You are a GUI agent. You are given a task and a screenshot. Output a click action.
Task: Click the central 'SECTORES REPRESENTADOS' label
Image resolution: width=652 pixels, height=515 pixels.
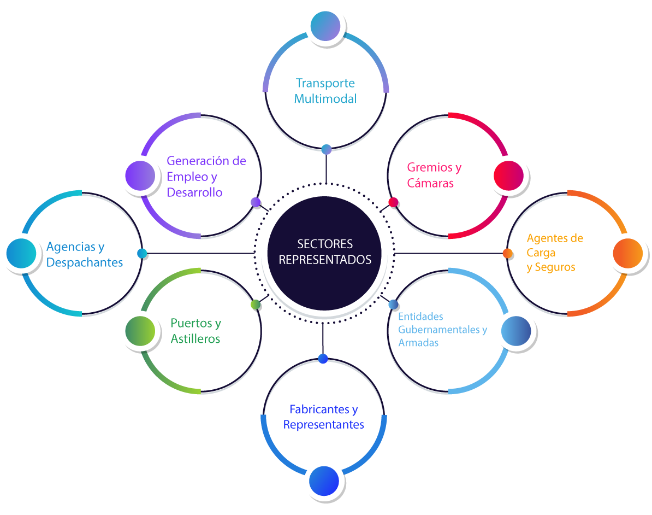point(325,251)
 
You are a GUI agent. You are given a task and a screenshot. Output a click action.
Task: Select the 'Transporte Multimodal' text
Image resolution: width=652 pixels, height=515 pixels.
point(325,91)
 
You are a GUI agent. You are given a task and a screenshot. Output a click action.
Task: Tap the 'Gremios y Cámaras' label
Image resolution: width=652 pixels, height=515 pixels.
point(434,175)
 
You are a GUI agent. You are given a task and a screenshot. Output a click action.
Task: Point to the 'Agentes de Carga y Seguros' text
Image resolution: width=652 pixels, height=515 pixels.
point(555,253)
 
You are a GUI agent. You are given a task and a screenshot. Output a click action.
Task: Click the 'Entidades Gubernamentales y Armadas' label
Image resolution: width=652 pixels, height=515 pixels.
point(442,330)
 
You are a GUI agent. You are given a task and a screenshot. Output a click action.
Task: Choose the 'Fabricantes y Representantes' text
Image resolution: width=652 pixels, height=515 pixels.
point(323,417)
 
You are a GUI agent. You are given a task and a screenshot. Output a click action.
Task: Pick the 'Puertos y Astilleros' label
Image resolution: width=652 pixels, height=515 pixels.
point(195,331)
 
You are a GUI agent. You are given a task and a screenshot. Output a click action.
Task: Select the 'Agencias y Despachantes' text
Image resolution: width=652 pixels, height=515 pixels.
point(84,255)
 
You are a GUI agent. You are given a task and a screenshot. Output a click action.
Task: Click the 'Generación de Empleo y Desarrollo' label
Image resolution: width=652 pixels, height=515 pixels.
point(206,177)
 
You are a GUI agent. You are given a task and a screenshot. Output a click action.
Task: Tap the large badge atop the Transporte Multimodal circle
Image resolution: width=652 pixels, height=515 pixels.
point(325,26)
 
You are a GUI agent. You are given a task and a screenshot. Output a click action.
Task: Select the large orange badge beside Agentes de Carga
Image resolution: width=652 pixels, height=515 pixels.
point(627,253)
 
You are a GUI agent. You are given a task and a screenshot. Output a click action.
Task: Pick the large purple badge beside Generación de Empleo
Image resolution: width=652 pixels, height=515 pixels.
point(140,176)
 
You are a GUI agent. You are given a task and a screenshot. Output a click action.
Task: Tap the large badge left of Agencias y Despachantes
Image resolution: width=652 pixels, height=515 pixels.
point(21,253)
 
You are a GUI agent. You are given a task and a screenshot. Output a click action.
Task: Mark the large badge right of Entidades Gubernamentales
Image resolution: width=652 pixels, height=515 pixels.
point(515,331)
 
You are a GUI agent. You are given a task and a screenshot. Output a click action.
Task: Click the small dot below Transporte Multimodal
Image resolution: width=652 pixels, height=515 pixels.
point(326,149)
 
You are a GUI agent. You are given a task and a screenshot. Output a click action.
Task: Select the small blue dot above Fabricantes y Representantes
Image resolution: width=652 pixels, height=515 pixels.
point(323,359)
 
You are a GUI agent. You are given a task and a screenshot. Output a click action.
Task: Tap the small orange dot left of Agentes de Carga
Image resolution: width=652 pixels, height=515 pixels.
point(507,253)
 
